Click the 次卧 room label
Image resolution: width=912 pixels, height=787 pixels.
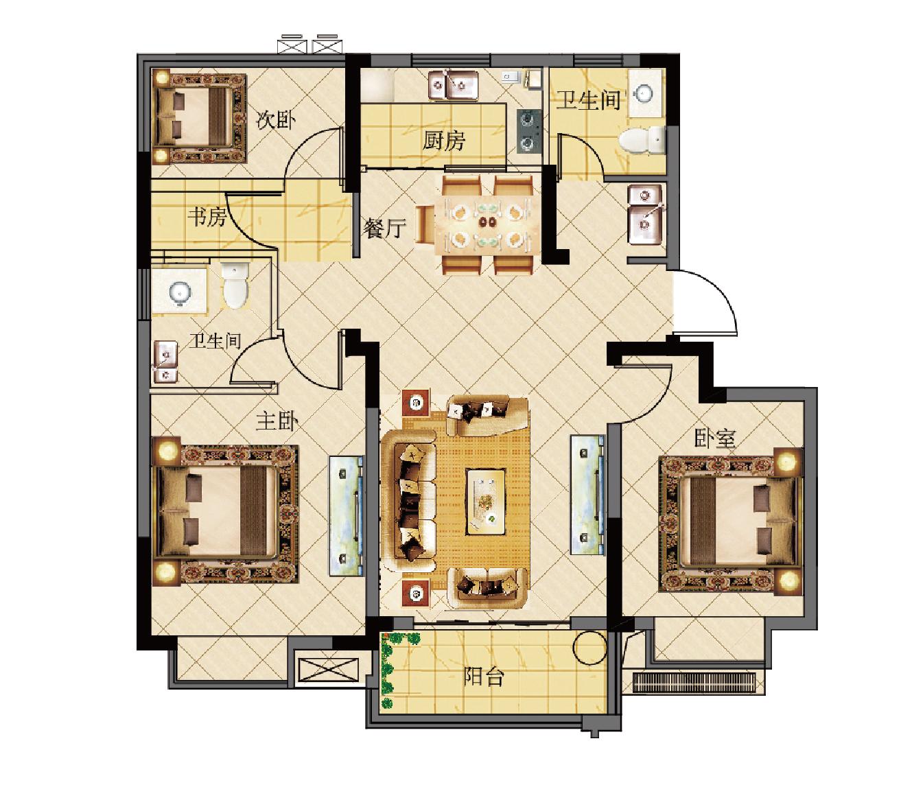[x=276, y=120]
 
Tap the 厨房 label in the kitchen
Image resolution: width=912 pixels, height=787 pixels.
[x=443, y=141]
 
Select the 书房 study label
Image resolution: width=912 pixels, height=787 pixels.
[x=207, y=218]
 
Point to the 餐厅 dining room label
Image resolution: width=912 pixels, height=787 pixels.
[x=384, y=228]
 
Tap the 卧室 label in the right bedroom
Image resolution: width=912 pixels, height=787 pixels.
[x=715, y=438]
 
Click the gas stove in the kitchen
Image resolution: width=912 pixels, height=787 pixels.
[x=529, y=132]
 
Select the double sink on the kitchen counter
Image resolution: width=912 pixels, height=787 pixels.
[x=453, y=84]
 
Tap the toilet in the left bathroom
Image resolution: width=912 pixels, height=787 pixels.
[x=235, y=285]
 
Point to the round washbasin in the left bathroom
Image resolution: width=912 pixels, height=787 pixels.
[x=180, y=292]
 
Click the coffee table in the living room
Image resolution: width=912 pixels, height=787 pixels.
[x=486, y=502]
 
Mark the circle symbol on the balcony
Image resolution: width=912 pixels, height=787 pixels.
[x=590, y=647]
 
